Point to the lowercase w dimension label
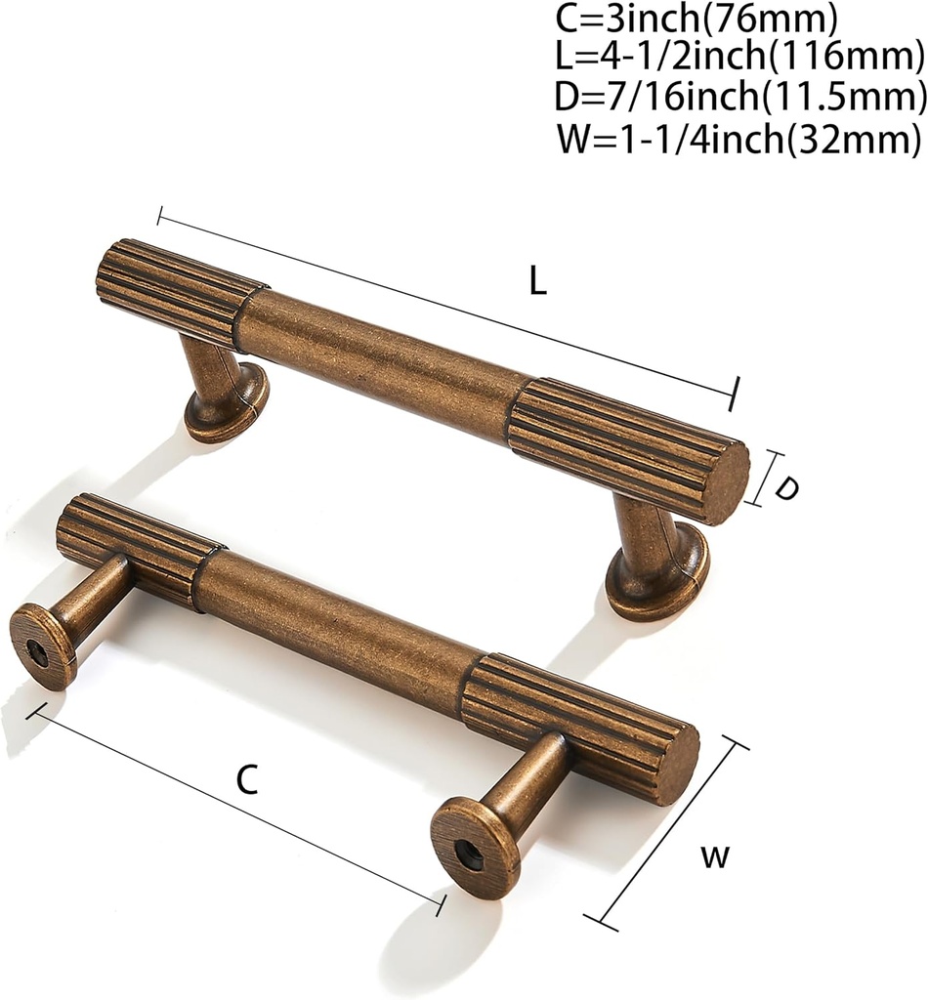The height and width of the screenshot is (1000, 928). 715,857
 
